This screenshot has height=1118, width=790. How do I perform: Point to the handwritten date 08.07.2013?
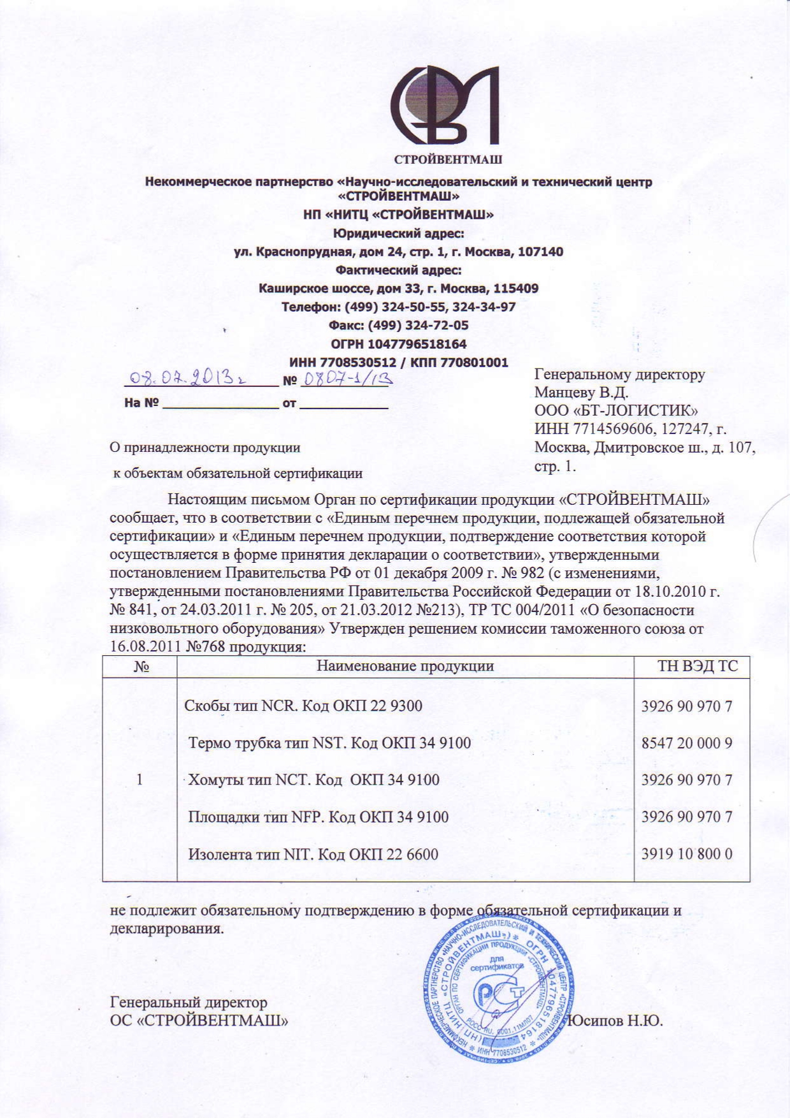(182, 379)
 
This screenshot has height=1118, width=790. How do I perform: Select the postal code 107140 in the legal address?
(540, 252)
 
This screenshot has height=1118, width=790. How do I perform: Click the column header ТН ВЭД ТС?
(698, 667)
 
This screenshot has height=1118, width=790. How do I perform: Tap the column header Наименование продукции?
(405, 667)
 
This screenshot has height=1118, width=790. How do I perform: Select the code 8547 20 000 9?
(687, 743)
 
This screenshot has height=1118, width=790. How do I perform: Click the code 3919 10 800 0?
(687, 854)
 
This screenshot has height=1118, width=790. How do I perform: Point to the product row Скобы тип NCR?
(303, 706)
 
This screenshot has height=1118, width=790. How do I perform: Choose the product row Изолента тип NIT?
(313, 854)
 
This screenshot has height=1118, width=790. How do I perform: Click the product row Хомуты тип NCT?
(313, 780)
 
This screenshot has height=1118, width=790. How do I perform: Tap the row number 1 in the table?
(140, 780)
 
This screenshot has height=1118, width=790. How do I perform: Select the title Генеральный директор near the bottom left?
(189, 1003)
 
